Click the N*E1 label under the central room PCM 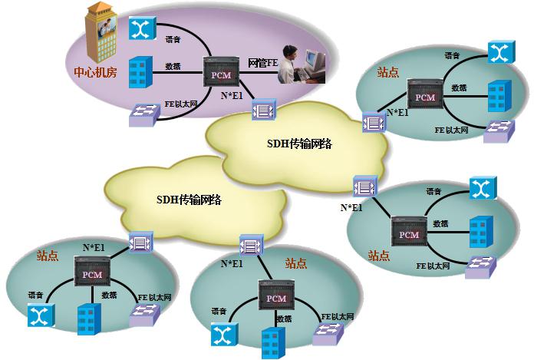click(233, 95)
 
